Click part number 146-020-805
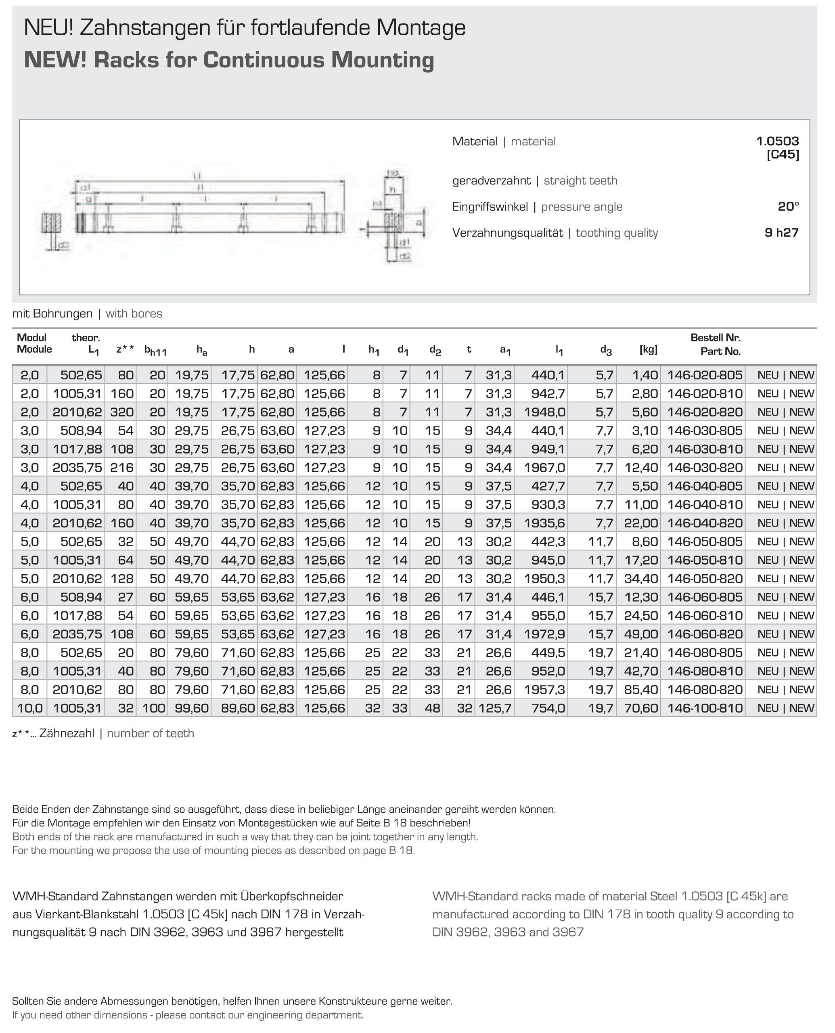click(705, 375)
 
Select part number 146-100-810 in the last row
click(705, 708)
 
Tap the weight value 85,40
click(641, 690)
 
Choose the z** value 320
click(122, 412)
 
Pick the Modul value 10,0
click(30, 708)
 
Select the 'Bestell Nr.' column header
click(715, 338)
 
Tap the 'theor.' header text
click(86, 338)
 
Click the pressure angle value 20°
click(788, 207)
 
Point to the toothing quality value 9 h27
click(781, 233)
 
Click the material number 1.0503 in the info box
click(777, 141)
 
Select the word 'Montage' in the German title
click(421, 28)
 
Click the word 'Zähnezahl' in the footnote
click(67, 734)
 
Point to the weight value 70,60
click(641, 708)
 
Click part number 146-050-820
click(705, 579)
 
